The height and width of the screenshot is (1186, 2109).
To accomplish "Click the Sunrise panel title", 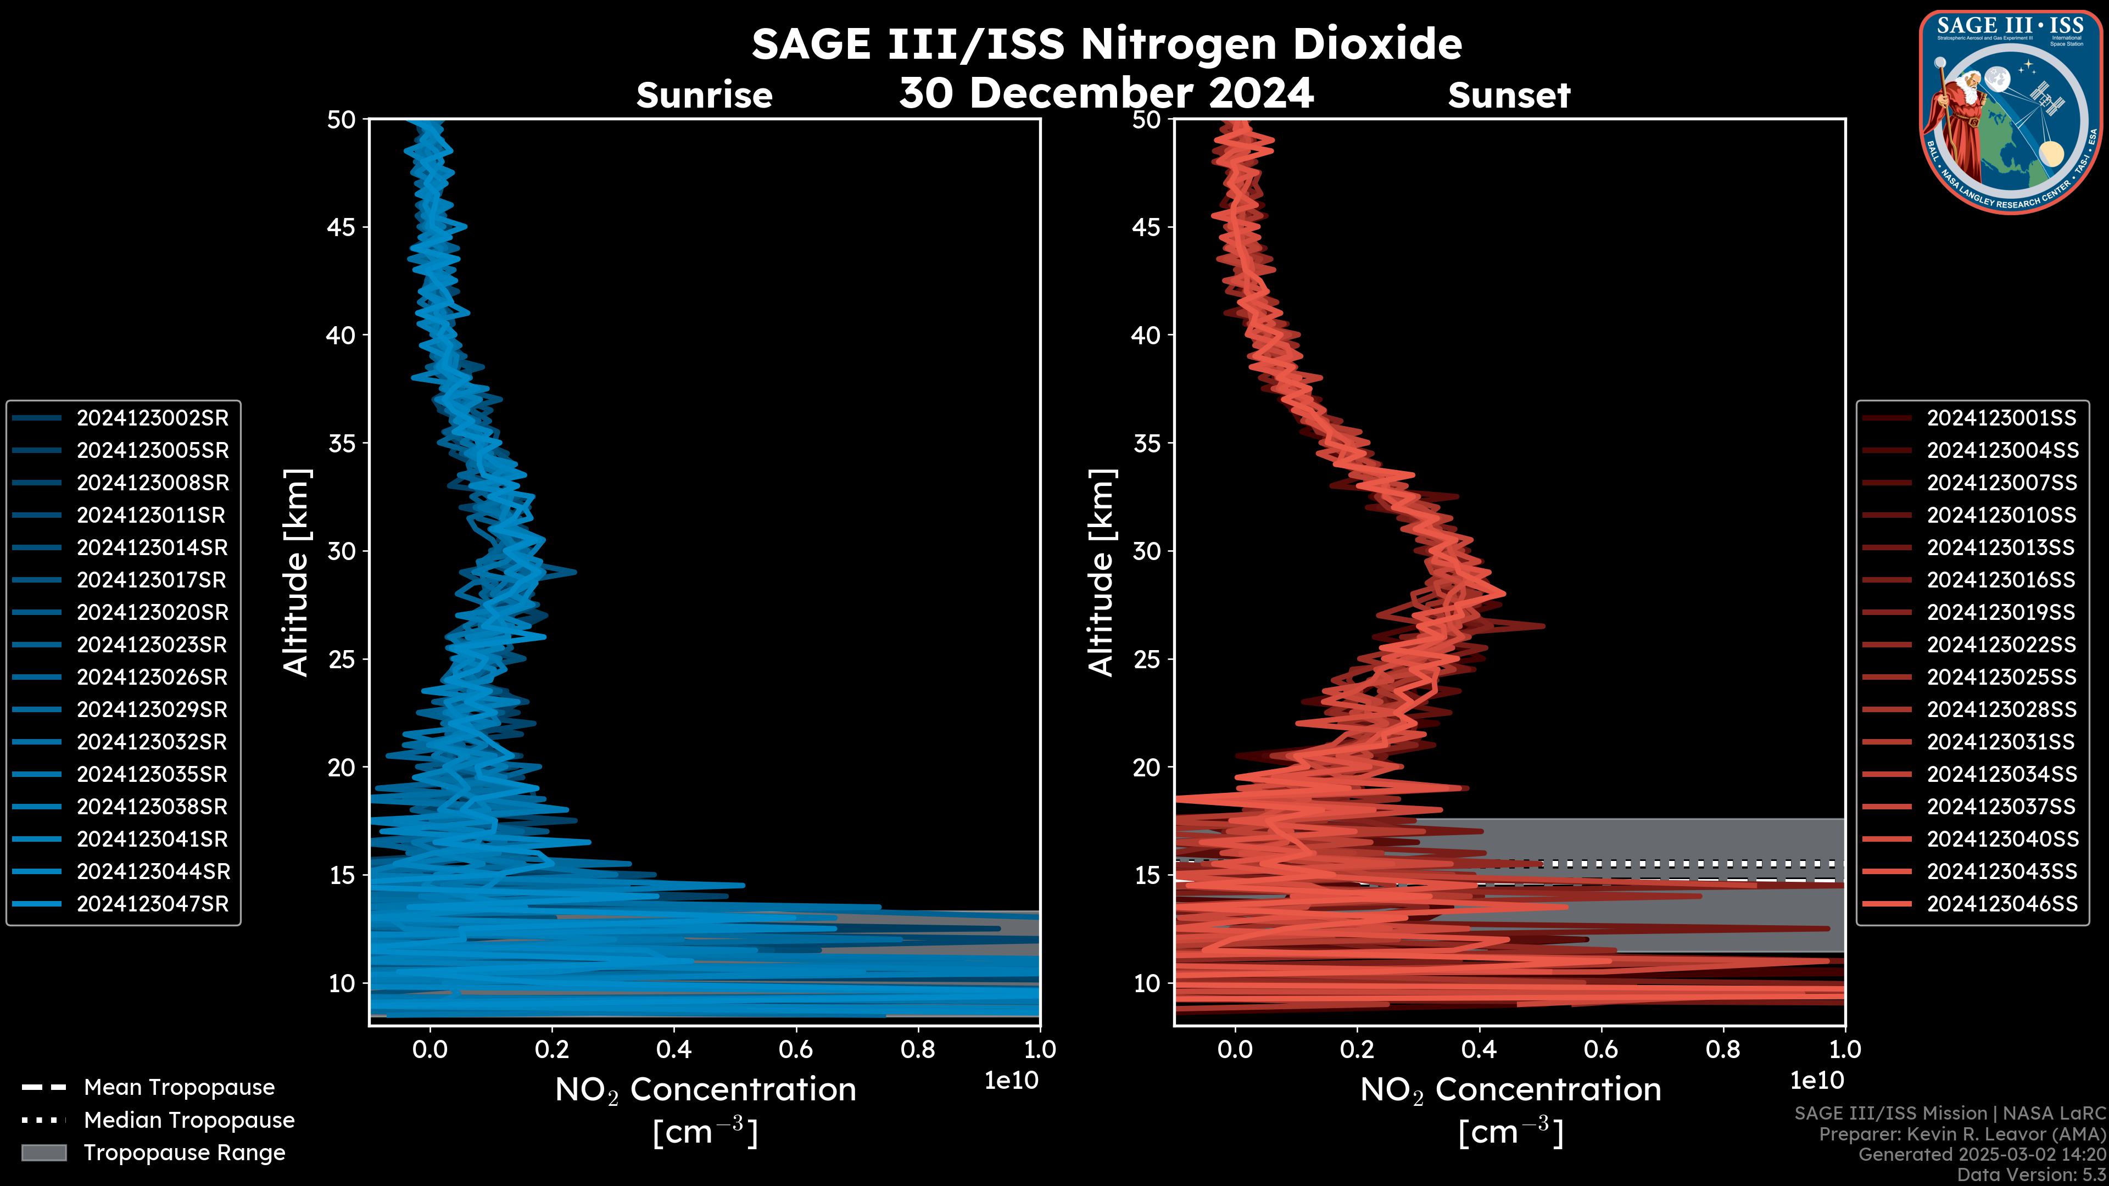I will coord(704,96).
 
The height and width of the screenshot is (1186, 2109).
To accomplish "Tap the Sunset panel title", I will coord(1509,96).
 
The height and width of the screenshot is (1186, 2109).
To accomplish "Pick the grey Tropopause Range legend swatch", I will coord(44,1153).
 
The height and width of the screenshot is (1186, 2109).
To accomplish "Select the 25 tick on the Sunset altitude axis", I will coord(1146,659).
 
